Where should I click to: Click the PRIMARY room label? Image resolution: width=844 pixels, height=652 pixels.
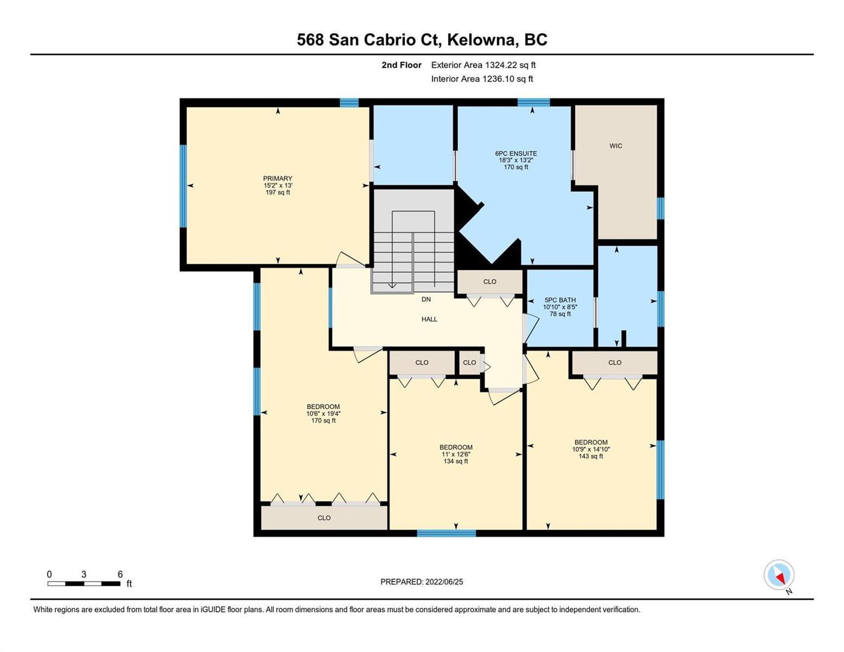click(277, 178)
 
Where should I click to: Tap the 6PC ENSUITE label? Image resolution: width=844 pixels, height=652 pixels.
click(516, 153)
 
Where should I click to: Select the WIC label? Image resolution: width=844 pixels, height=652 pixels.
click(616, 146)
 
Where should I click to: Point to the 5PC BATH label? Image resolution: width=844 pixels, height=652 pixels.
click(560, 300)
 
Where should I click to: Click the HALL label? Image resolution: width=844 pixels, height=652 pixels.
click(429, 319)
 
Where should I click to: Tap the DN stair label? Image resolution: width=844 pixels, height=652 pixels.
click(426, 299)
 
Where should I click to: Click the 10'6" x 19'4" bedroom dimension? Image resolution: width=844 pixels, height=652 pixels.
click(323, 413)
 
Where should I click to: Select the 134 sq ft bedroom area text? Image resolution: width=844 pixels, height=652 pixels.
click(455, 461)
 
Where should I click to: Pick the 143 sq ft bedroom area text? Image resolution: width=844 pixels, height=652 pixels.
click(591, 456)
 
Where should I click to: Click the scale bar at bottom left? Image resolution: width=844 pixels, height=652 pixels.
click(84, 583)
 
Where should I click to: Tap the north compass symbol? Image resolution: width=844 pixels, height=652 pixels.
click(779, 575)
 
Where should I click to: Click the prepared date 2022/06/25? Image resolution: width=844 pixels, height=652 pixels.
click(444, 582)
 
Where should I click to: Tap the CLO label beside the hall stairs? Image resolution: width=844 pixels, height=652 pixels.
click(489, 281)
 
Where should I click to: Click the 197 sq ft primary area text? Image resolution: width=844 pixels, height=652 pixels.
click(277, 192)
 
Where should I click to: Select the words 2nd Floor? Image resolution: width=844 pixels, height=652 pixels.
click(401, 65)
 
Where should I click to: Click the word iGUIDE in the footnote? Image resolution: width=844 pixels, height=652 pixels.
click(213, 610)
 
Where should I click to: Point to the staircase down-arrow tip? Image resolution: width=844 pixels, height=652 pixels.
click(392, 288)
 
